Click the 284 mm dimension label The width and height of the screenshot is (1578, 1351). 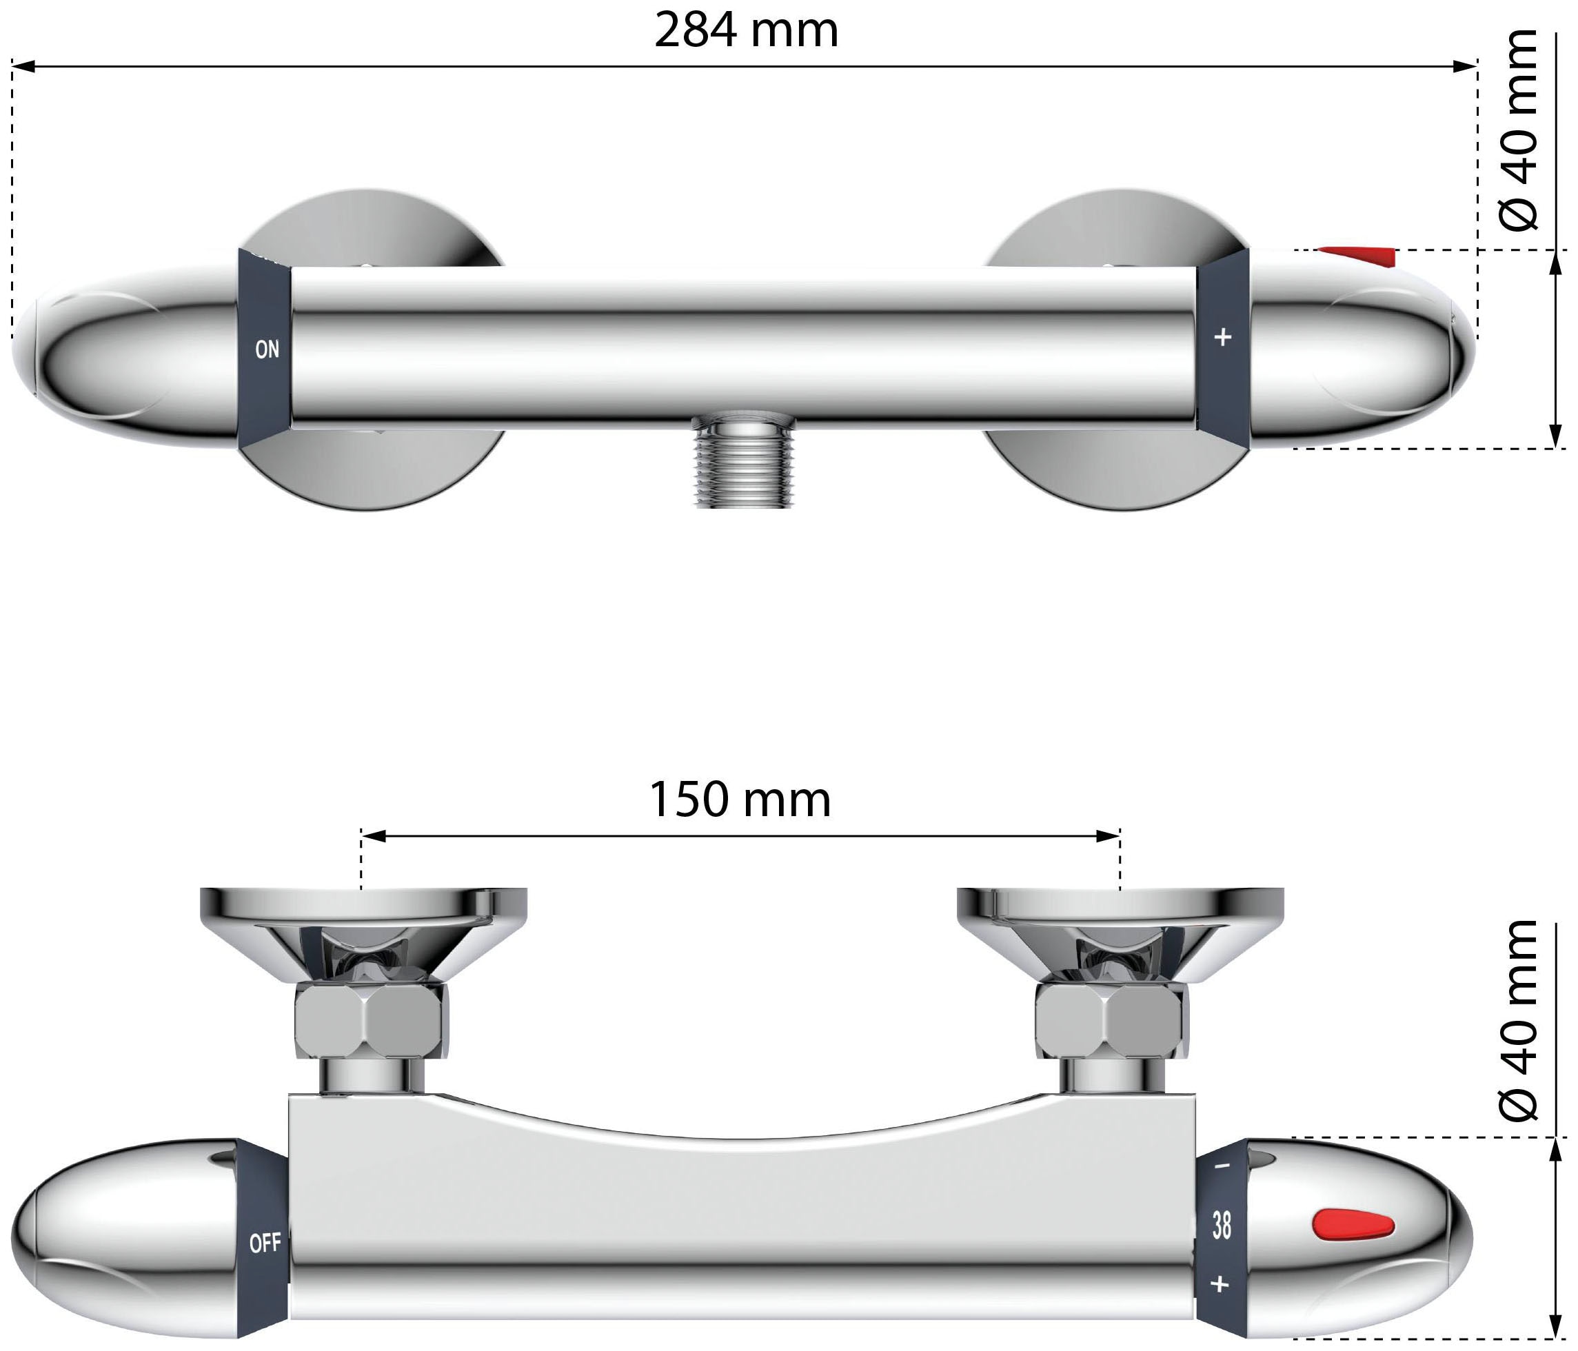click(x=747, y=30)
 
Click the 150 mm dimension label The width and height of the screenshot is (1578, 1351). click(x=740, y=800)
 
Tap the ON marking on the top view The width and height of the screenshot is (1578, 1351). click(x=267, y=349)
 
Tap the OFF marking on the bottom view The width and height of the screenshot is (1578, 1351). click(x=265, y=1243)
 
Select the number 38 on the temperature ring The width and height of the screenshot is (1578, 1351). click(x=1222, y=1226)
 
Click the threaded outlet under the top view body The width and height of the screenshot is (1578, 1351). click(x=744, y=460)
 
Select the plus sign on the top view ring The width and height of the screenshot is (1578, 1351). click(x=1222, y=336)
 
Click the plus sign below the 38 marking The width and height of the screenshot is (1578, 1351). click(x=1220, y=1285)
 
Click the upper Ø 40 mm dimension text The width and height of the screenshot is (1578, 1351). click(x=1518, y=130)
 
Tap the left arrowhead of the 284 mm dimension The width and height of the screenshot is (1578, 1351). click(x=23, y=66)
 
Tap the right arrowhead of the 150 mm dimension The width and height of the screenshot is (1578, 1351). click(x=1108, y=836)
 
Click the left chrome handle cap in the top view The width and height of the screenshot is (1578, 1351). click(x=125, y=354)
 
